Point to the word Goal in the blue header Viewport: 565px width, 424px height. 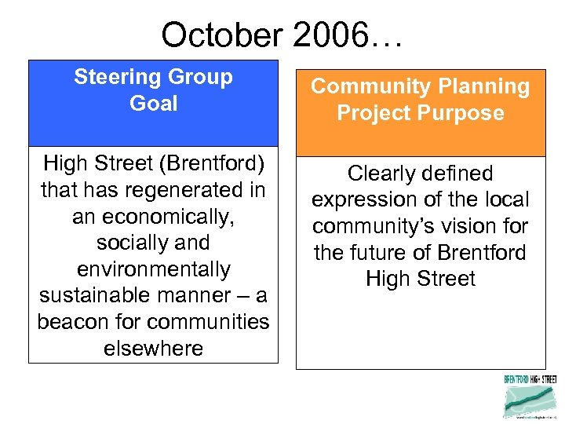point(154,104)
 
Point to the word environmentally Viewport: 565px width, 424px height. point(154,269)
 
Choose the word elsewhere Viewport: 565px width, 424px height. point(154,348)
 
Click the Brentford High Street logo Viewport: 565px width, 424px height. point(530,396)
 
